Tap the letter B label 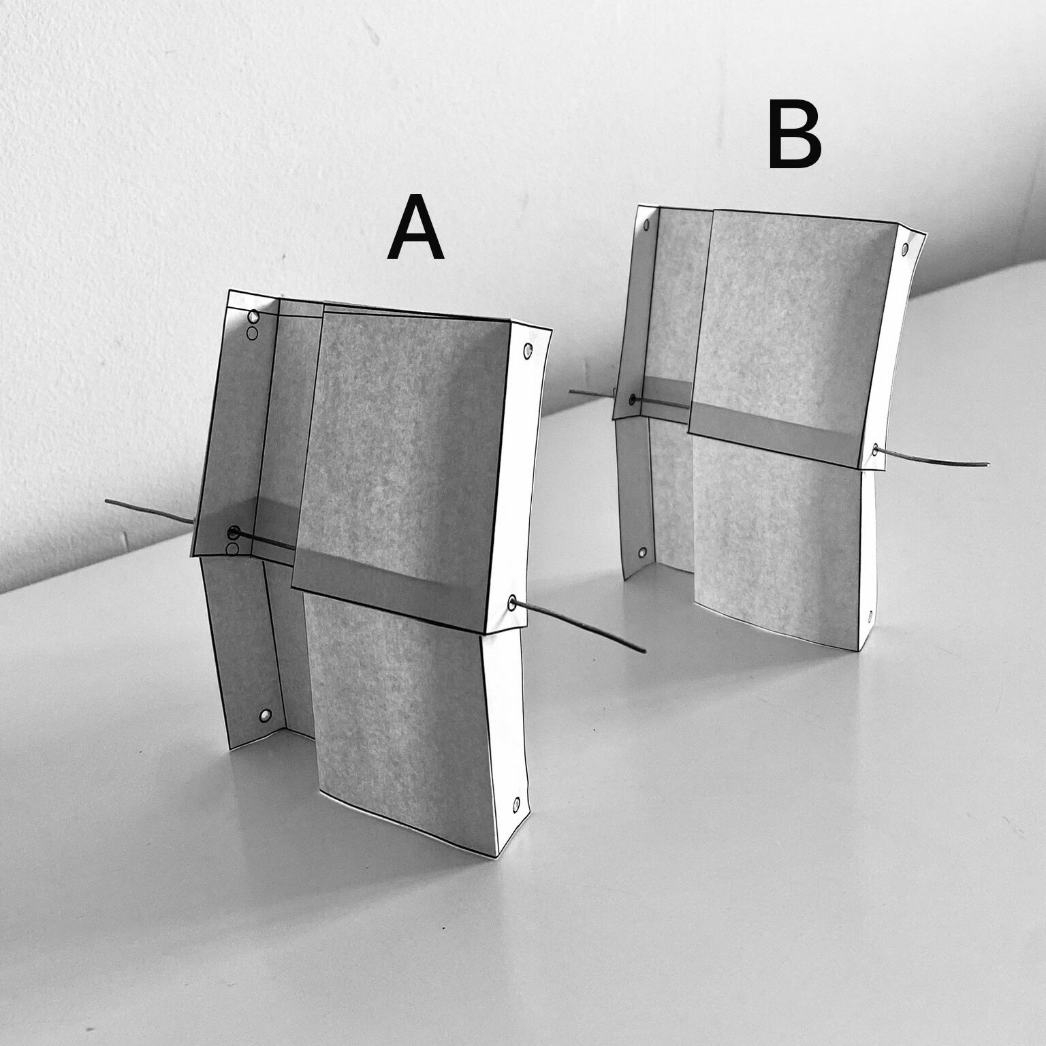[x=795, y=134]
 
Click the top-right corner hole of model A [x=528, y=351]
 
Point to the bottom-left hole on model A [x=266, y=715]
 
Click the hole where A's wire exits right [x=512, y=601]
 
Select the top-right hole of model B [x=903, y=250]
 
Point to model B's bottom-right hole [x=871, y=618]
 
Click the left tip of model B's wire [x=571, y=392]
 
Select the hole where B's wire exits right [x=875, y=449]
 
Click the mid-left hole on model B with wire [x=633, y=399]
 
